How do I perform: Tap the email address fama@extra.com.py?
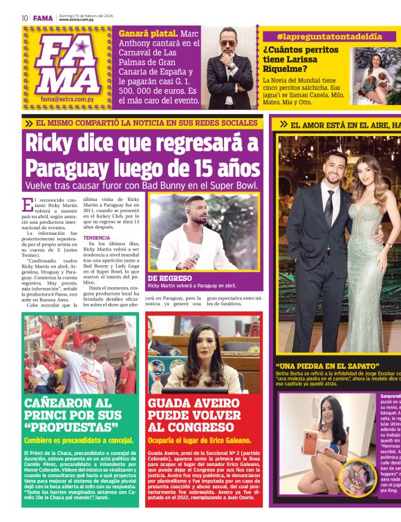pyautogui.click(x=67, y=99)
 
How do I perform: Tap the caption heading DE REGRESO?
pyautogui.click(x=169, y=278)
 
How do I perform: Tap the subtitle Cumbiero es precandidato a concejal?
pyautogui.click(x=69, y=440)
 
